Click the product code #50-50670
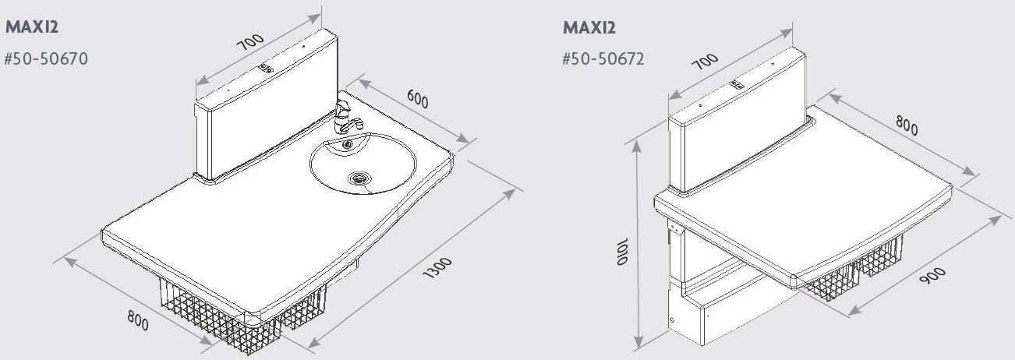click(47, 59)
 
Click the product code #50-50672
click(603, 59)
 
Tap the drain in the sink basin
click(359, 178)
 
